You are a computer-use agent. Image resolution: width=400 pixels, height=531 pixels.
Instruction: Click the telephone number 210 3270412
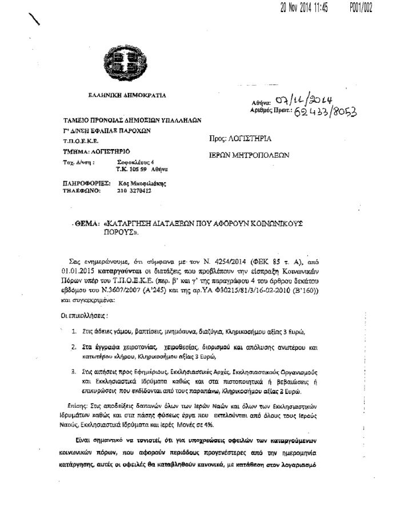pos(135,191)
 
